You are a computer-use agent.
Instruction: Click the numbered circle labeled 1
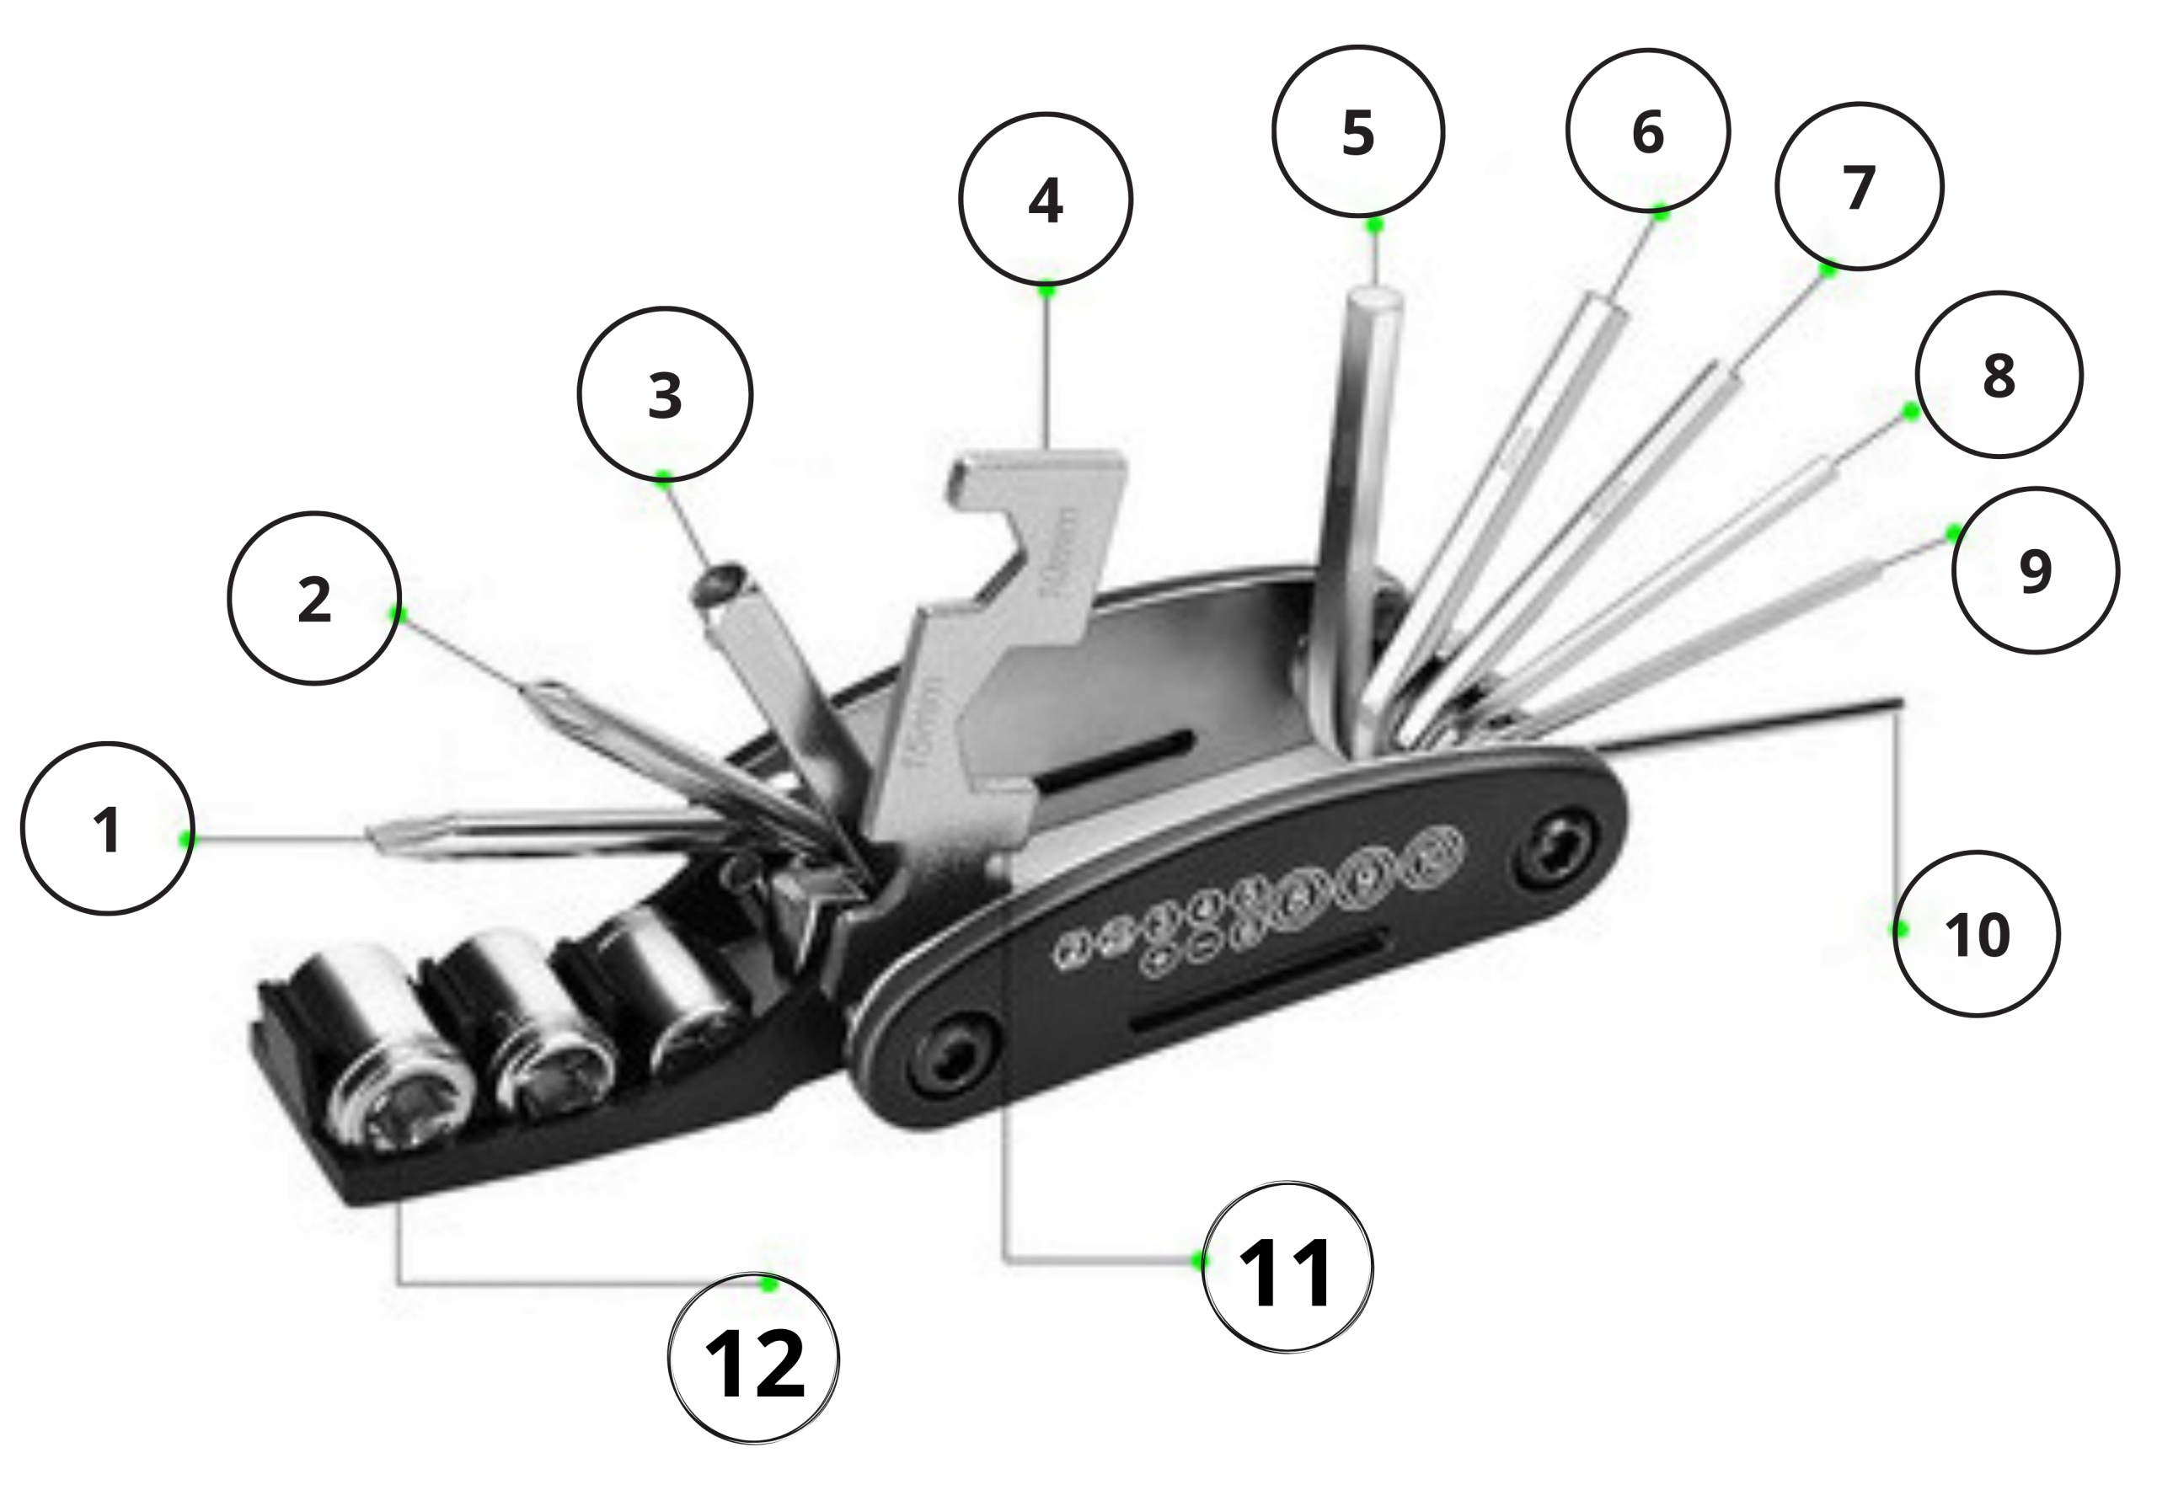tap(107, 828)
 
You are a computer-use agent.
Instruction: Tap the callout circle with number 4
tap(1045, 199)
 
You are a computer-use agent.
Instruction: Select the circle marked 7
tap(1858, 187)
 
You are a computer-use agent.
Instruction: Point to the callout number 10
tap(1976, 933)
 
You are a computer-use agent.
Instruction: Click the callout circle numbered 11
tap(1287, 1268)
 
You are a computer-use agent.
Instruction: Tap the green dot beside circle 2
tap(398, 613)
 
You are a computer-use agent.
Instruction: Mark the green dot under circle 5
tap(1374, 225)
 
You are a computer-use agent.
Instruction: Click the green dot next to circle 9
tap(1953, 534)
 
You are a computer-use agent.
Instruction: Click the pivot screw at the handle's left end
tap(952, 1057)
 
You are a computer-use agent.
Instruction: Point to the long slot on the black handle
tap(1256, 985)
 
